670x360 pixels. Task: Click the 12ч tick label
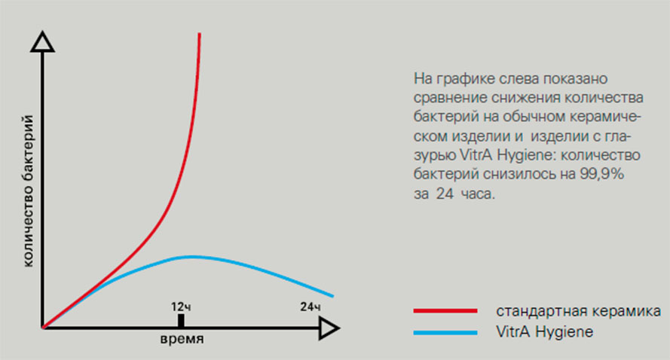[x=181, y=307]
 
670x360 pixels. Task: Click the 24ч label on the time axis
[x=311, y=307]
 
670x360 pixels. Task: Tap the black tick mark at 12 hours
[x=181, y=321]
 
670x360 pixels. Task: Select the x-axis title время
[x=182, y=339]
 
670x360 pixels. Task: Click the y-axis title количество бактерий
[x=28, y=191]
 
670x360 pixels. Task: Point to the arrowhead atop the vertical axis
[x=42, y=42]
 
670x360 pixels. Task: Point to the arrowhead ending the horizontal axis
[x=329, y=328]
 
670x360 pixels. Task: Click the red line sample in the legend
[x=445, y=311]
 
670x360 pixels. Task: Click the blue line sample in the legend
[x=445, y=332]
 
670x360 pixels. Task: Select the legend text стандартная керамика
[x=578, y=311]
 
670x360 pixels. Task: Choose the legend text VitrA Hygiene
[x=544, y=332]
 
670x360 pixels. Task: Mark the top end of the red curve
[x=200, y=34]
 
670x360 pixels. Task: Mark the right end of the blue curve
[x=332, y=295]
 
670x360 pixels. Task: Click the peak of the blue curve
[x=191, y=257]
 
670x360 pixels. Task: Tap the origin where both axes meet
[x=43, y=328]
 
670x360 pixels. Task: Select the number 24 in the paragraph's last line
[x=445, y=194]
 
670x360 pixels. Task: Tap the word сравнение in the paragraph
[x=450, y=98]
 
